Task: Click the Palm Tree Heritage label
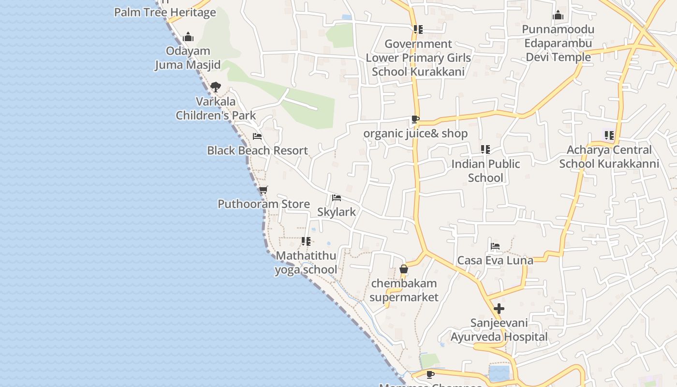coord(165,13)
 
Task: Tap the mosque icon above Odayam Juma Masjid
coord(188,37)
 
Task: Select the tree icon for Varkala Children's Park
coord(216,87)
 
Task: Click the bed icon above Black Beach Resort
coord(257,136)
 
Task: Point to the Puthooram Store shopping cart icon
coord(263,190)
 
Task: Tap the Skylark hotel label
coord(337,212)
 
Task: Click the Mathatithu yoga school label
coord(306,263)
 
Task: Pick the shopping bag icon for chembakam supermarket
coord(404,269)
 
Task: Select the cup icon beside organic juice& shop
coord(415,119)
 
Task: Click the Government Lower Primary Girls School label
coord(418,58)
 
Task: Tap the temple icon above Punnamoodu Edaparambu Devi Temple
coord(558,15)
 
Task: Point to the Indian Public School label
coord(486,171)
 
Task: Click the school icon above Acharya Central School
coord(609,135)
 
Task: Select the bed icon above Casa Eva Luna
coord(495,246)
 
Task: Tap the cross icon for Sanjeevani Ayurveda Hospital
coord(499,308)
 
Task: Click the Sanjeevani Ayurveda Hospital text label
coord(500,330)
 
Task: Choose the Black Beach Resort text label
coord(257,150)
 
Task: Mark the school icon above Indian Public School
coord(486,149)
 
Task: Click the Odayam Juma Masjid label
coord(188,58)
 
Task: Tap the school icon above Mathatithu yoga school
coord(306,241)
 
